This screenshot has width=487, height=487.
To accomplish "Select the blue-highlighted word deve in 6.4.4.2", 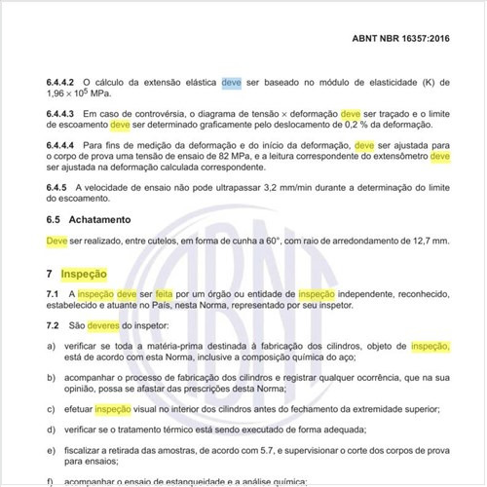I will point(231,84).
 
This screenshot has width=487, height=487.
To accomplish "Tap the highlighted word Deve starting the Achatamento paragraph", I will point(56,240).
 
